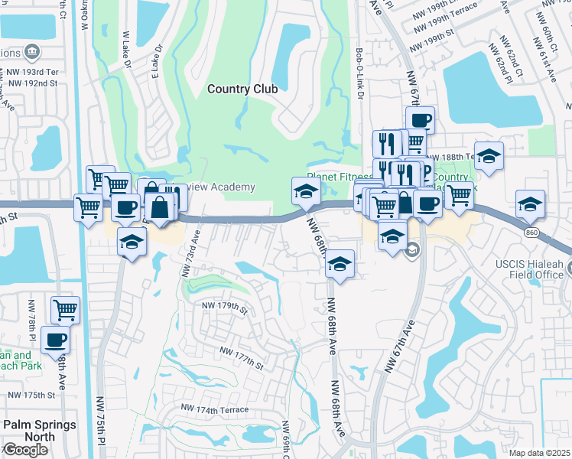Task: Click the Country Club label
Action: click(x=242, y=90)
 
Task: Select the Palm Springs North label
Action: click(x=39, y=431)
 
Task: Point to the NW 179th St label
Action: click(x=225, y=308)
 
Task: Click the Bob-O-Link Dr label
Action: click(x=359, y=73)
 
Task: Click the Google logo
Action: click(x=25, y=450)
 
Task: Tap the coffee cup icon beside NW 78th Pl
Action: click(x=54, y=339)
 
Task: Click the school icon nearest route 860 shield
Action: click(x=530, y=203)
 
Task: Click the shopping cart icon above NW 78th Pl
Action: click(x=65, y=310)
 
